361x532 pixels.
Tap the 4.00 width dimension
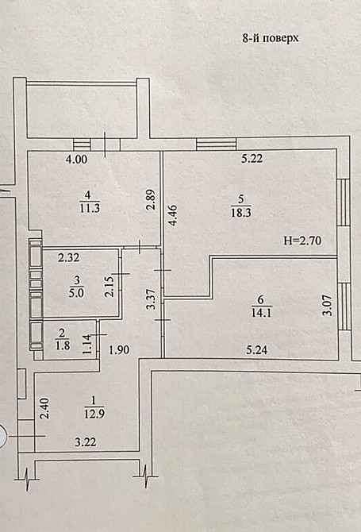coord(76,160)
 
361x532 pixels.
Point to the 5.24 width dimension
coord(255,347)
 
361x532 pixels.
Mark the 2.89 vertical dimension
coord(151,198)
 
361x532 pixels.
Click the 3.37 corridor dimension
coord(150,303)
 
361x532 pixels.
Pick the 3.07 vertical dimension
coord(325,305)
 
